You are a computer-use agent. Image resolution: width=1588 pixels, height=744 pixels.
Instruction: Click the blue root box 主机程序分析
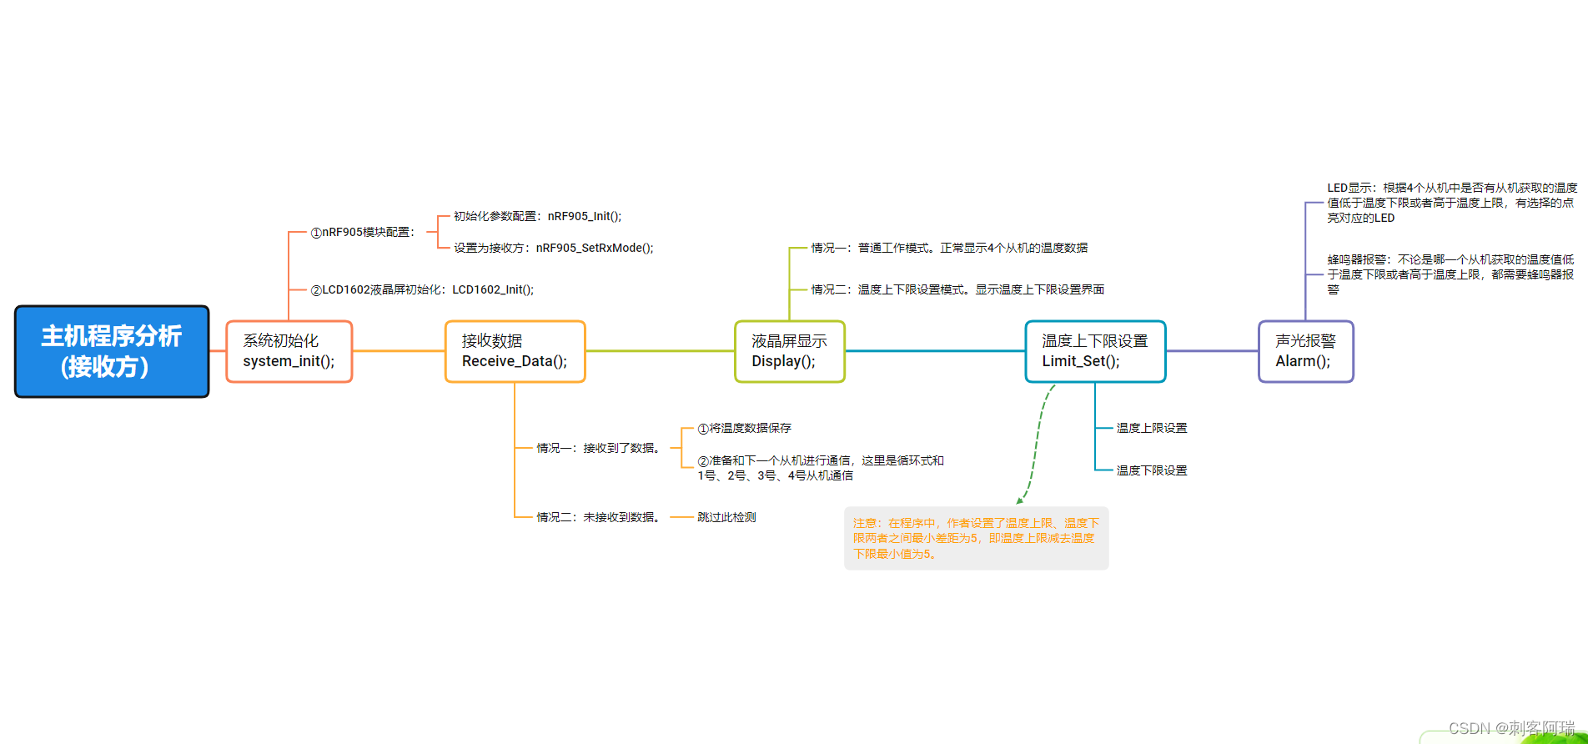[x=112, y=351]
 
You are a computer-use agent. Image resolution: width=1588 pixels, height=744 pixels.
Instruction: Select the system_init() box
[x=289, y=351]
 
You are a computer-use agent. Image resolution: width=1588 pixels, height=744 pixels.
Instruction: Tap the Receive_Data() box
[x=515, y=351]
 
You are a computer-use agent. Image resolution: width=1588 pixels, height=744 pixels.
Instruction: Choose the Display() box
[x=789, y=351]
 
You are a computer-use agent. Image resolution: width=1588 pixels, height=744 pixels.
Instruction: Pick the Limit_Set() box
[x=1094, y=351]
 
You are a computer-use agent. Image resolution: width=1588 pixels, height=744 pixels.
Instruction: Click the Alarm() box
[x=1305, y=351]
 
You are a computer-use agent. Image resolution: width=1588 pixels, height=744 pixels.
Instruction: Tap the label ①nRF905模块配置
[x=362, y=232]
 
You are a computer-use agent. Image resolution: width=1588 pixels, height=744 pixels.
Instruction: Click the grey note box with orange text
[x=976, y=538]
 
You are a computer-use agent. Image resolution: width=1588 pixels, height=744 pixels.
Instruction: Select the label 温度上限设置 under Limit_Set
[x=1151, y=428]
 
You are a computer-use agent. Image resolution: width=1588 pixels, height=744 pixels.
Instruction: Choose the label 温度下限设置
[x=1151, y=470]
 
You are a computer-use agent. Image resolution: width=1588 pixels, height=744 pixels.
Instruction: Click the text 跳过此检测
[x=726, y=517]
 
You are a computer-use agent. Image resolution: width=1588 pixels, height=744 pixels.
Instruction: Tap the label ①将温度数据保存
[x=744, y=428]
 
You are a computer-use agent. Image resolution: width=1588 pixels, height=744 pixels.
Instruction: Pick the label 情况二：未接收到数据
[x=599, y=517]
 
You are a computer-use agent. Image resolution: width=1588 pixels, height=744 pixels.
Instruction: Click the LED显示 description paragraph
[x=1451, y=203]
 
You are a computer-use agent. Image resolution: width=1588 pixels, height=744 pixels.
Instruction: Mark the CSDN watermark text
[x=1511, y=728]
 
